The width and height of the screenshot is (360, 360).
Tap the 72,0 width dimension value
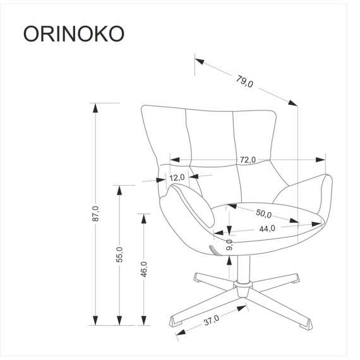247,160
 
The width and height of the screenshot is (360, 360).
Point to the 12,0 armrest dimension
177,177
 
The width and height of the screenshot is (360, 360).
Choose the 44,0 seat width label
267,229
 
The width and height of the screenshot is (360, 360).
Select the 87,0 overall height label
95,215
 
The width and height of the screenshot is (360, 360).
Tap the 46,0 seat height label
144,268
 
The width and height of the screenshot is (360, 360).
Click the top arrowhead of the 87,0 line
95,108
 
